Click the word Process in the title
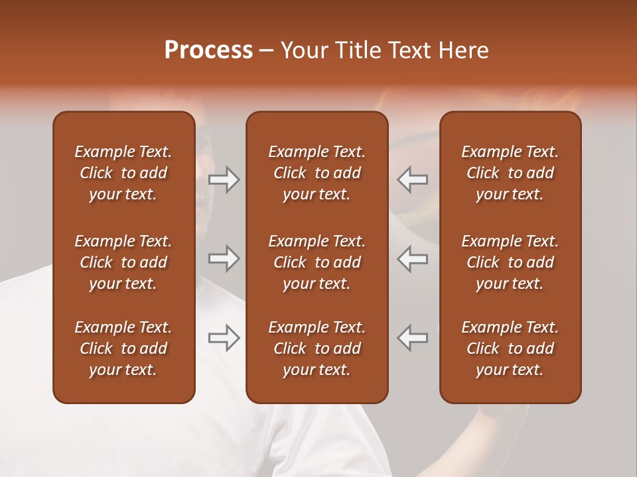208,50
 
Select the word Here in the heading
462,50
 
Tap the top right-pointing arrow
224,180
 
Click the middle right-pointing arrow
224,258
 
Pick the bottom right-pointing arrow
224,338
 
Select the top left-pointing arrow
413,180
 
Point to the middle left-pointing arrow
413,258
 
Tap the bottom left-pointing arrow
413,338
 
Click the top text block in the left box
123,173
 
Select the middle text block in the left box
123,262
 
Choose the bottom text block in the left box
123,348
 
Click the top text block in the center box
317,173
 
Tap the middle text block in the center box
317,262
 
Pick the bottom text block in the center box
317,348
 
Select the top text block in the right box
510,173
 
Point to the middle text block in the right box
510,262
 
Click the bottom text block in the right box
510,348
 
